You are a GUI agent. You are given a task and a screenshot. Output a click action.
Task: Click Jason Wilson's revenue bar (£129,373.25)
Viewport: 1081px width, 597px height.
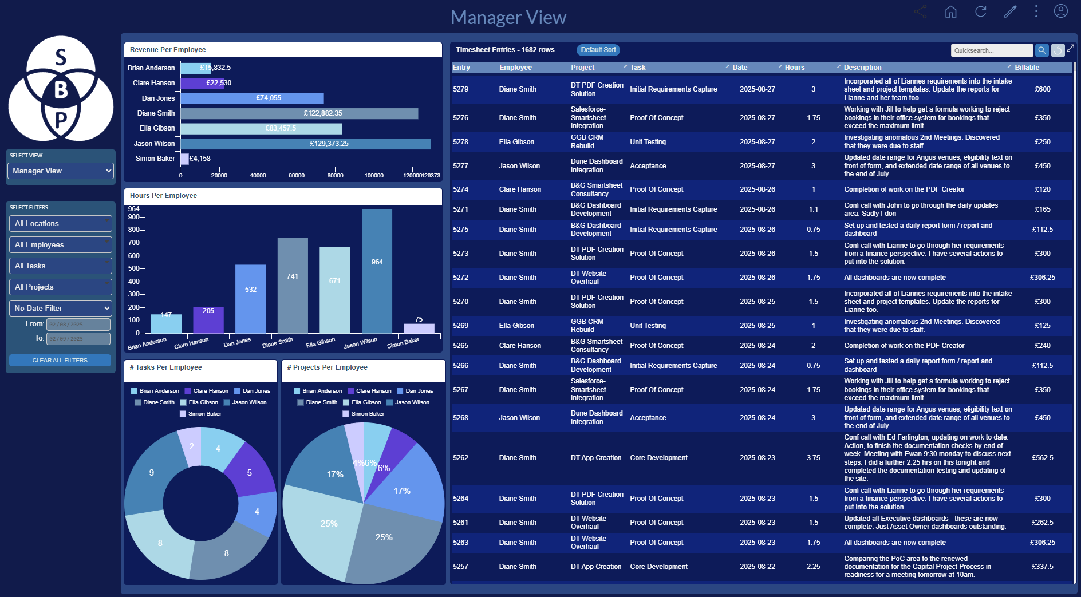tap(305, 144)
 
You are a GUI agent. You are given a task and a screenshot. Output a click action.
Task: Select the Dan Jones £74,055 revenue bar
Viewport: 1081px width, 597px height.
tap(252, 98)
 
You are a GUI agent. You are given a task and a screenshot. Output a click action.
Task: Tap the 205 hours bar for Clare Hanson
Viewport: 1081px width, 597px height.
tap(208, 320)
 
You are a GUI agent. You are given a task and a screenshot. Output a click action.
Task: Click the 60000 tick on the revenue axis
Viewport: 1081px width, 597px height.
tap(297, 175)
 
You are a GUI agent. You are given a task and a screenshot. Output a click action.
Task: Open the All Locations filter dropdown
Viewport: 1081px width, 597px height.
tap(61, 224)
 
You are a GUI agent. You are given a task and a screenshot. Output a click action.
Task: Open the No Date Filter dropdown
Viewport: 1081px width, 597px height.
tap(61, 308)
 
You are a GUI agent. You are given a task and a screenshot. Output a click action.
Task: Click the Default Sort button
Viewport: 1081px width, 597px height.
tap(598, 50)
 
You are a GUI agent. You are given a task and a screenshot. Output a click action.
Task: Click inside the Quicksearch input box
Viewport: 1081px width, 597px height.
tap(991, 50)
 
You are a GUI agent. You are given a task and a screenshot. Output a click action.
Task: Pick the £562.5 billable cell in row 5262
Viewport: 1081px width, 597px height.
tap(1042, 458)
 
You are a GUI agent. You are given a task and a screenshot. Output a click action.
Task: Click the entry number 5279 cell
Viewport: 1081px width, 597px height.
tap(460, 89)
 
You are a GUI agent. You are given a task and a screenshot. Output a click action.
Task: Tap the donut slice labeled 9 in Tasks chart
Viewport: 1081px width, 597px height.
tap(151, 473)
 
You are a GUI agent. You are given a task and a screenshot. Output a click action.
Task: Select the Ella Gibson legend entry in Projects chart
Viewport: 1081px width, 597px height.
tap(366, 402)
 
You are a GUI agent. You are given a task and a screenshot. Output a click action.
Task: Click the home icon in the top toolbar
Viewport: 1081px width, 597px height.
tap(950, 11)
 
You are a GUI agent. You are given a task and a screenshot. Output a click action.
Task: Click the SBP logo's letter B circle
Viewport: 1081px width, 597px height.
tap(61, 90)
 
